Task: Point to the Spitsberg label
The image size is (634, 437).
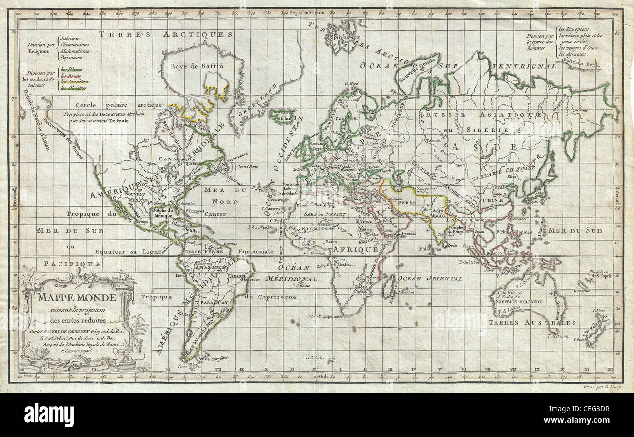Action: pyautogui.click(x=335, y=37)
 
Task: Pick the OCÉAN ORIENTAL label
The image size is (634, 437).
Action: pyautogui.click(x=430, y=278)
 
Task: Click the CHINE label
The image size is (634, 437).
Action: pyautogui.click(x=493, y=200)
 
